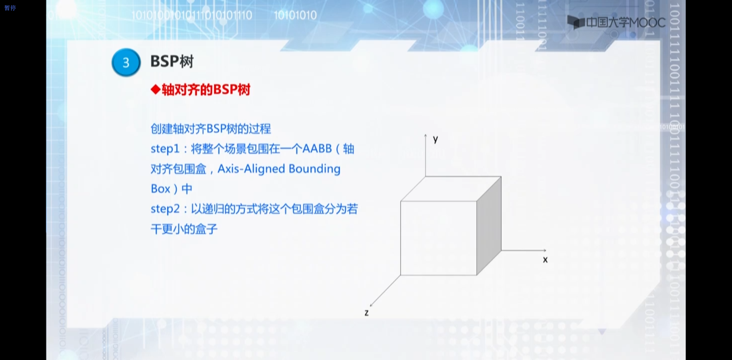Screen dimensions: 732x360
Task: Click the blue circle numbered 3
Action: click(126, 62)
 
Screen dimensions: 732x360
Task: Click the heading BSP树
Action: click(172, 61)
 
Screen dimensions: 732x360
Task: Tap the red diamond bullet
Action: click(155, 90)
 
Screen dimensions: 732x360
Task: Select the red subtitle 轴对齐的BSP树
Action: click(206, 90)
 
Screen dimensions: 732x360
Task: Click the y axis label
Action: click(435, 139)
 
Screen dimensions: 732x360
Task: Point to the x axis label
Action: click(545, 260)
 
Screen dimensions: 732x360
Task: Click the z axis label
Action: click(366, 313)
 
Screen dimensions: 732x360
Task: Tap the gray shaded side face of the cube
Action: click(489, 225)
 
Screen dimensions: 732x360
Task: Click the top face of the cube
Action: click(451, 189)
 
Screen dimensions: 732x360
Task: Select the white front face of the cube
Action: click(439, 238)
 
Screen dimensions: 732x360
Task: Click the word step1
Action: click(165, 149)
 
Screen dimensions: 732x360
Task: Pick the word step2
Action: click(165, 209)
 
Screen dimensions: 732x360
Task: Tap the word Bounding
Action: click(314, 169)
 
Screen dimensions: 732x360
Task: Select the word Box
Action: click(160, 189)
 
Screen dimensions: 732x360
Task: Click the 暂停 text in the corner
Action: click(10, 8)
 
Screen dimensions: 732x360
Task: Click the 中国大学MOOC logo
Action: click(616, 22)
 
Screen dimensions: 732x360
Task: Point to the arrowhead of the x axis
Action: click(545, 250)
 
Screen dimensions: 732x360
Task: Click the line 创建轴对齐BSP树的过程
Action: click(211, 129)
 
